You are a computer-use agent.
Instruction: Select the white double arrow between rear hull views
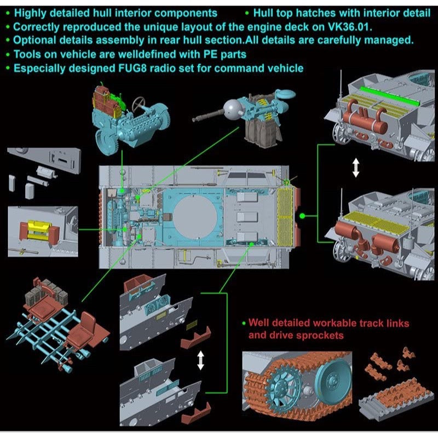(x=356, y=167)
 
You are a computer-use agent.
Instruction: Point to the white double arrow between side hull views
(x=200, y=360)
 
